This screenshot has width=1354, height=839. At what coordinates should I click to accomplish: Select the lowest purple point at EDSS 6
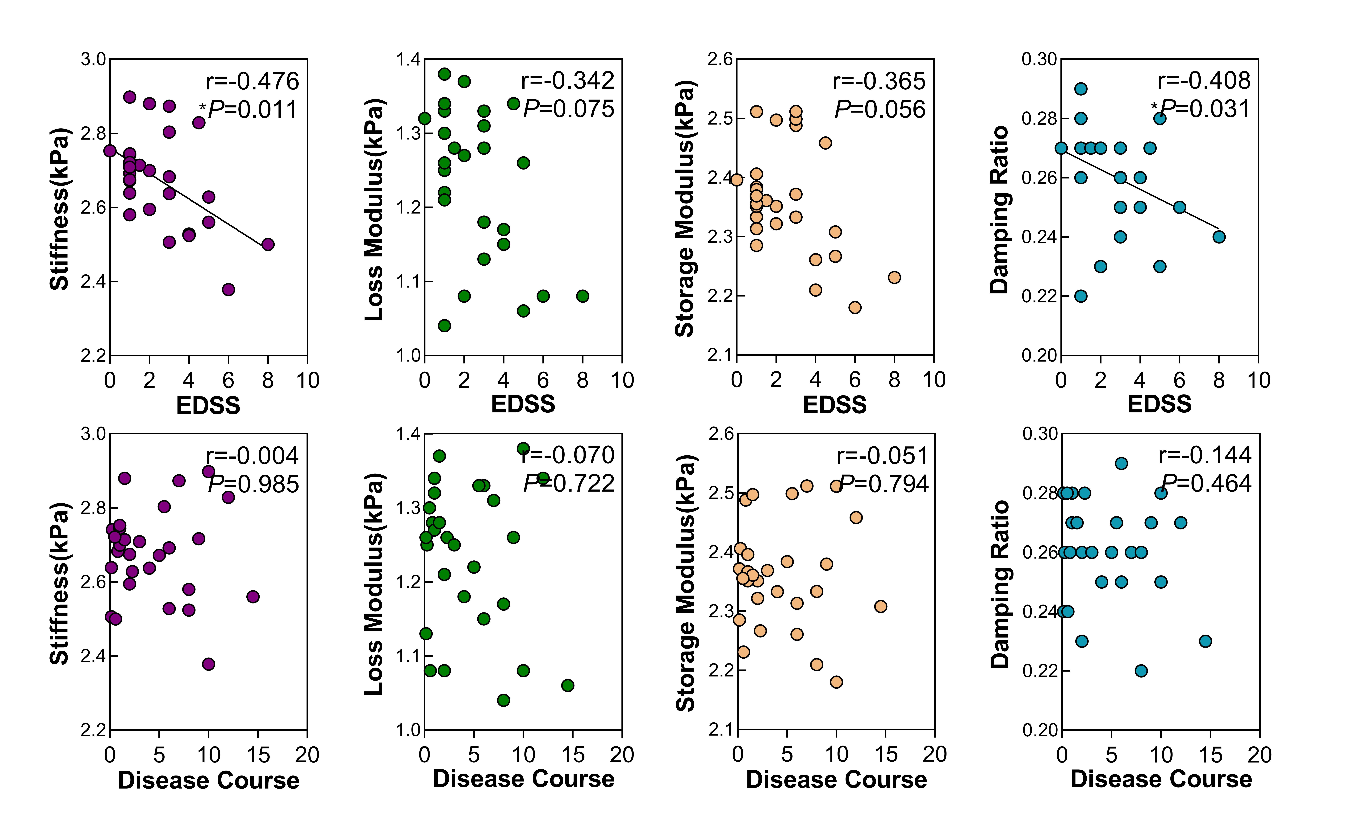(x=228, y=290)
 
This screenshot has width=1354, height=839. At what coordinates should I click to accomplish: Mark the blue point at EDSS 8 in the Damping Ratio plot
(x=1219, y=237)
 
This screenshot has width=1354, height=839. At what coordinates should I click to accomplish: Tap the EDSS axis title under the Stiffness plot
(x=208, y=406)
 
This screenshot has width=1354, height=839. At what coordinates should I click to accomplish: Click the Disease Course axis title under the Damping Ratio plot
(x=1161, y=779)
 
